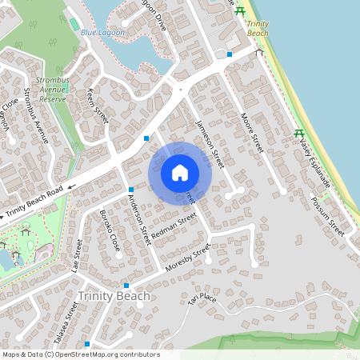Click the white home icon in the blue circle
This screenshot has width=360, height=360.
pos(180,173)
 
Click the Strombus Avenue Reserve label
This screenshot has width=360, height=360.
pos(53,89)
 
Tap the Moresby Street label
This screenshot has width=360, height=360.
pos(186,258)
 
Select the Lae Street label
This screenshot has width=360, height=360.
pos(78,256)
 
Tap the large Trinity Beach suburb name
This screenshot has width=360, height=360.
pos(114,297)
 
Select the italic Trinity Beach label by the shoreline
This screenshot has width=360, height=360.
pos(258,28)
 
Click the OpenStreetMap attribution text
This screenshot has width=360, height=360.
pos(81,354)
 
